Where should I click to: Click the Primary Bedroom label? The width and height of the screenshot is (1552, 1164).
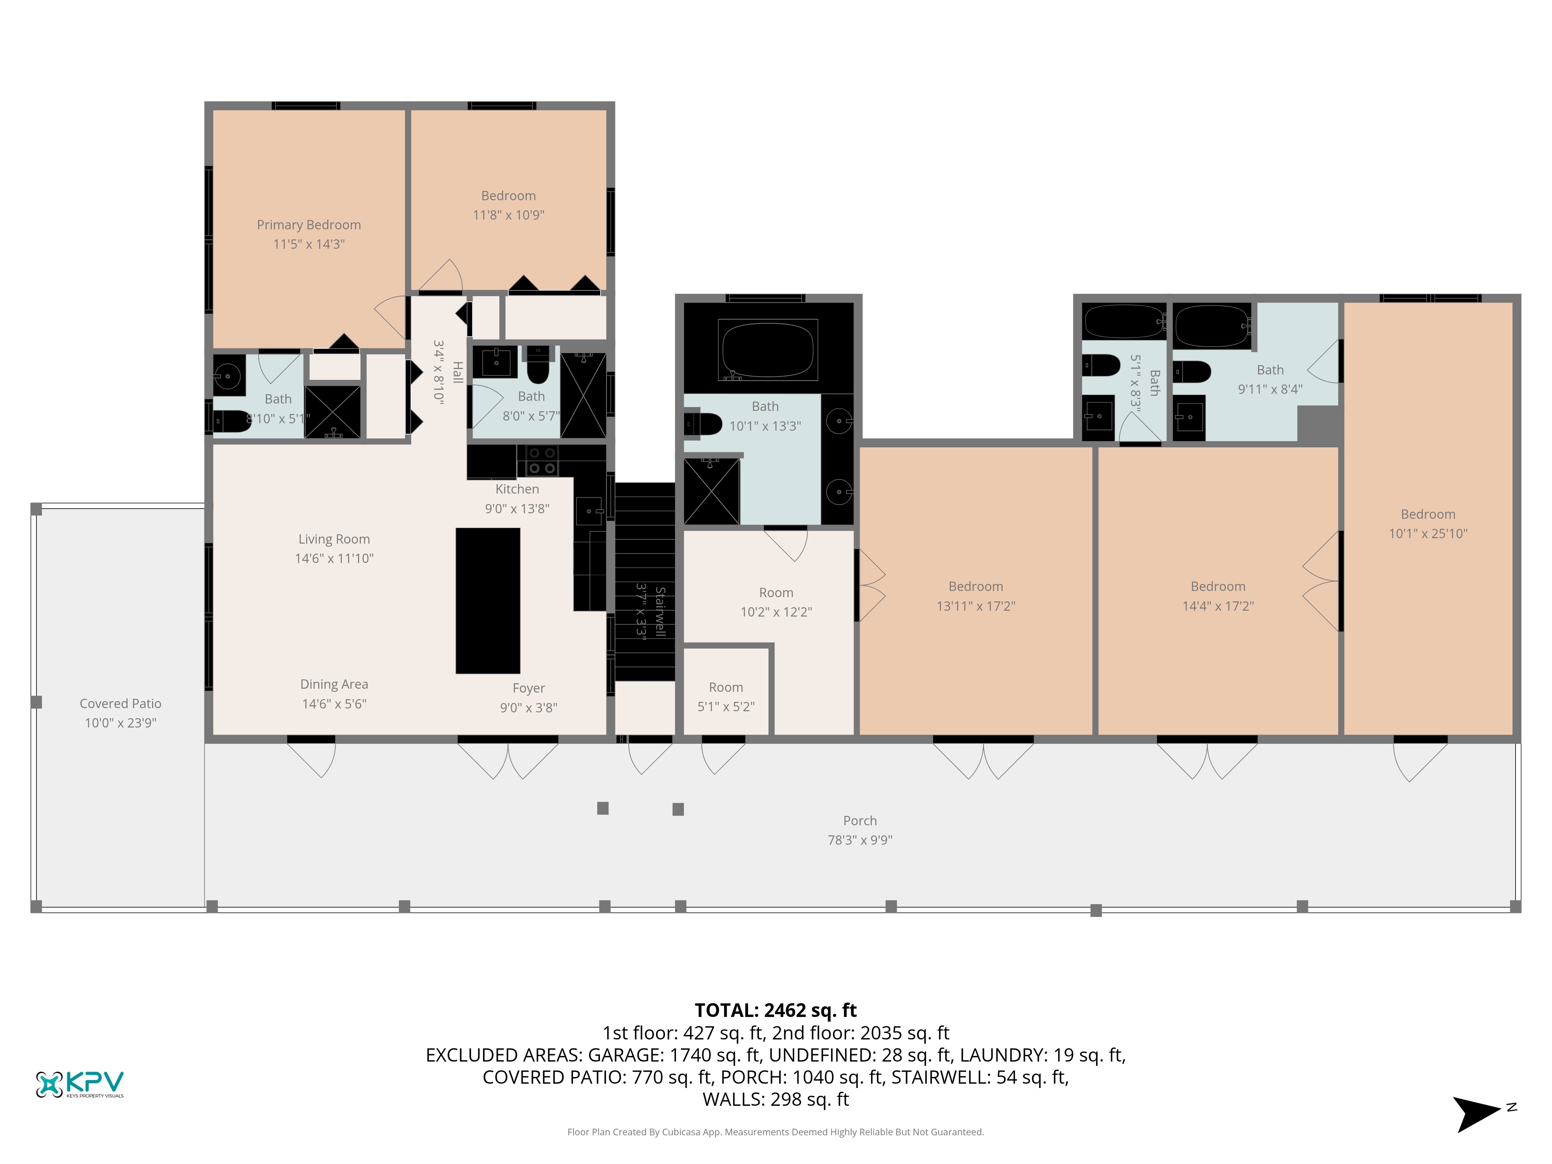[x=309, y=225]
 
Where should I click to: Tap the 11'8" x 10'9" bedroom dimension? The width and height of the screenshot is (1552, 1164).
[x=509, y=215]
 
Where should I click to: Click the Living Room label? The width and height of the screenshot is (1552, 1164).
[x=334, y=539]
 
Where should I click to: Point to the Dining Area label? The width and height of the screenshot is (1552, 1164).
[x=334, y=684]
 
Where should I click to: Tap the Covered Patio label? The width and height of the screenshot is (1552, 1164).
[x=121, y=703]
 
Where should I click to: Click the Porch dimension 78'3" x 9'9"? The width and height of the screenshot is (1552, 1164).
[x=860, y=840]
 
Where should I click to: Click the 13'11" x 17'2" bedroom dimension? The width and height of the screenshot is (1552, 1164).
[x=976, y=606]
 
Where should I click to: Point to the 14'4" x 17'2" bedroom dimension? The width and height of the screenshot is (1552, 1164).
[x=1218, y=606]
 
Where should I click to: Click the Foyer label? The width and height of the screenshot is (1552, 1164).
[x=529, y=688]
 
